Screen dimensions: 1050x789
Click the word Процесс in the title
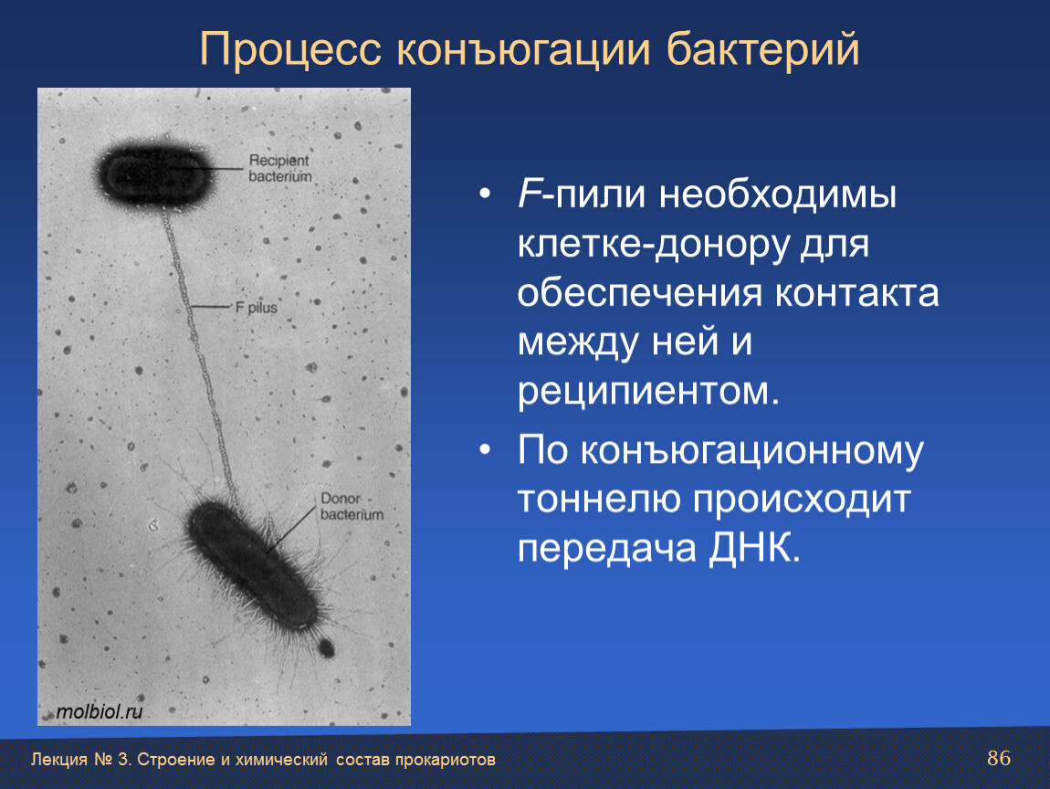click(290, 49)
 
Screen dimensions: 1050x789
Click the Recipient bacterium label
click(280, 168)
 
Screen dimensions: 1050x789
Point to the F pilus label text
click(256, 308)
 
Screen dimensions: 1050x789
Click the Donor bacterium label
click(352, 506)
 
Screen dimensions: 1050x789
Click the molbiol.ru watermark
click(100, 711)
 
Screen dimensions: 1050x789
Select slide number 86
click(999, 758)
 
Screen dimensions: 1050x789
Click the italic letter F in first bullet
click(529, 195)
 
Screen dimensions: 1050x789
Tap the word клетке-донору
click(654, 244)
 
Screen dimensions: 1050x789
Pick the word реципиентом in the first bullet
click(648, 391)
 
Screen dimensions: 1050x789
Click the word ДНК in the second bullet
click(754, 548)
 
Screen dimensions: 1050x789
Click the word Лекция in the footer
click(59, 760)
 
